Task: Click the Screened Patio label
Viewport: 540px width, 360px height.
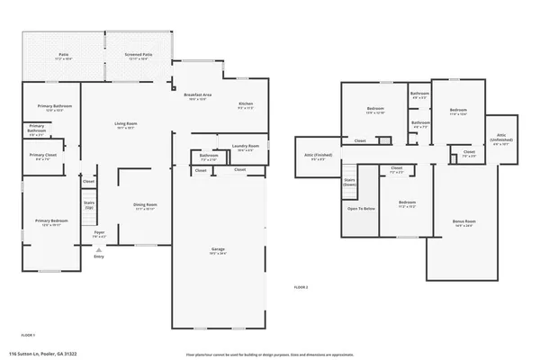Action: pos(138,55)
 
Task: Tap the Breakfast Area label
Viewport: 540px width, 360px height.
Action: pos(197,96)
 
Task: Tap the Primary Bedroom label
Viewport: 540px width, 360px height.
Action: pos(52,222)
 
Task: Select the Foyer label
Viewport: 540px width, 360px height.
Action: pos(100,234)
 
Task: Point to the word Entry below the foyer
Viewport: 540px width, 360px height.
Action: pos(99,256)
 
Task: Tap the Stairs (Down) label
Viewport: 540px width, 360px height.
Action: pos(350,182)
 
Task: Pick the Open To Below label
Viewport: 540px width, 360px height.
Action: pos(361,209)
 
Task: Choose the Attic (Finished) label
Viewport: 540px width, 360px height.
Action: pos(317,156)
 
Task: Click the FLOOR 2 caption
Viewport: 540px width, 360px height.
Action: pos(301,286)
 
